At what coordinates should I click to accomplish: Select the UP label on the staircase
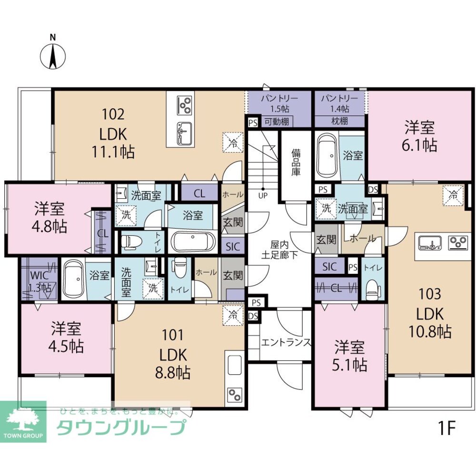point(262,195)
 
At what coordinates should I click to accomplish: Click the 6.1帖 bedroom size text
point(421,145)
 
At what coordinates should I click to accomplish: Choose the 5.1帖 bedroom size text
point(349,365)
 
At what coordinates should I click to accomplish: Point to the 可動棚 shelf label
point(277,122)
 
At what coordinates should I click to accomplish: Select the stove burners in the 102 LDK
point(184,104)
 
